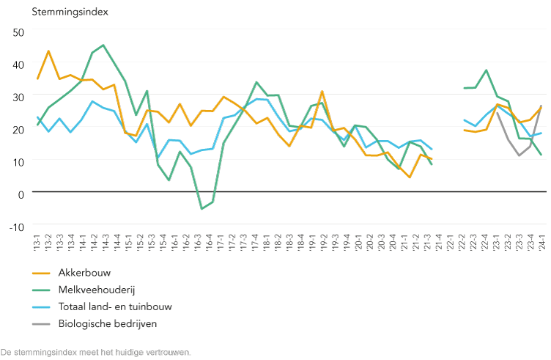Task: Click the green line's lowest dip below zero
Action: [x=201, y=209]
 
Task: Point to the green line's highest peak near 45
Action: [x=103, y=45]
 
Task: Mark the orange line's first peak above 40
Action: [x=48, y=51]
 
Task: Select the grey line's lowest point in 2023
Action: [x=519, y=155]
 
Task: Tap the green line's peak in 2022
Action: [x=487, y=70]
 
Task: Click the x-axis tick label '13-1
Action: [x=37, y=240]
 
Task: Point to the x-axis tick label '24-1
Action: [x=541, y=240]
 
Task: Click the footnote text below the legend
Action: [x=96, y=352]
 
